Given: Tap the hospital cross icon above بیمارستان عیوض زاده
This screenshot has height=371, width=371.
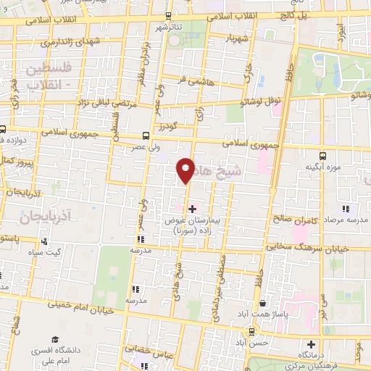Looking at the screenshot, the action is (191, 209).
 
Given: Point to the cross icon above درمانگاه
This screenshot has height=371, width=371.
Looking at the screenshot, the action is (312, 344).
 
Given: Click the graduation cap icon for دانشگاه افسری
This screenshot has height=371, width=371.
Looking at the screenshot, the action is (55, 340).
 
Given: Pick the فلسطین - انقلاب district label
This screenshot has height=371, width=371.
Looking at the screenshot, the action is (53, 77).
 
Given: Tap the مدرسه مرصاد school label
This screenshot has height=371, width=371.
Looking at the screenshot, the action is (346, 217).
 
